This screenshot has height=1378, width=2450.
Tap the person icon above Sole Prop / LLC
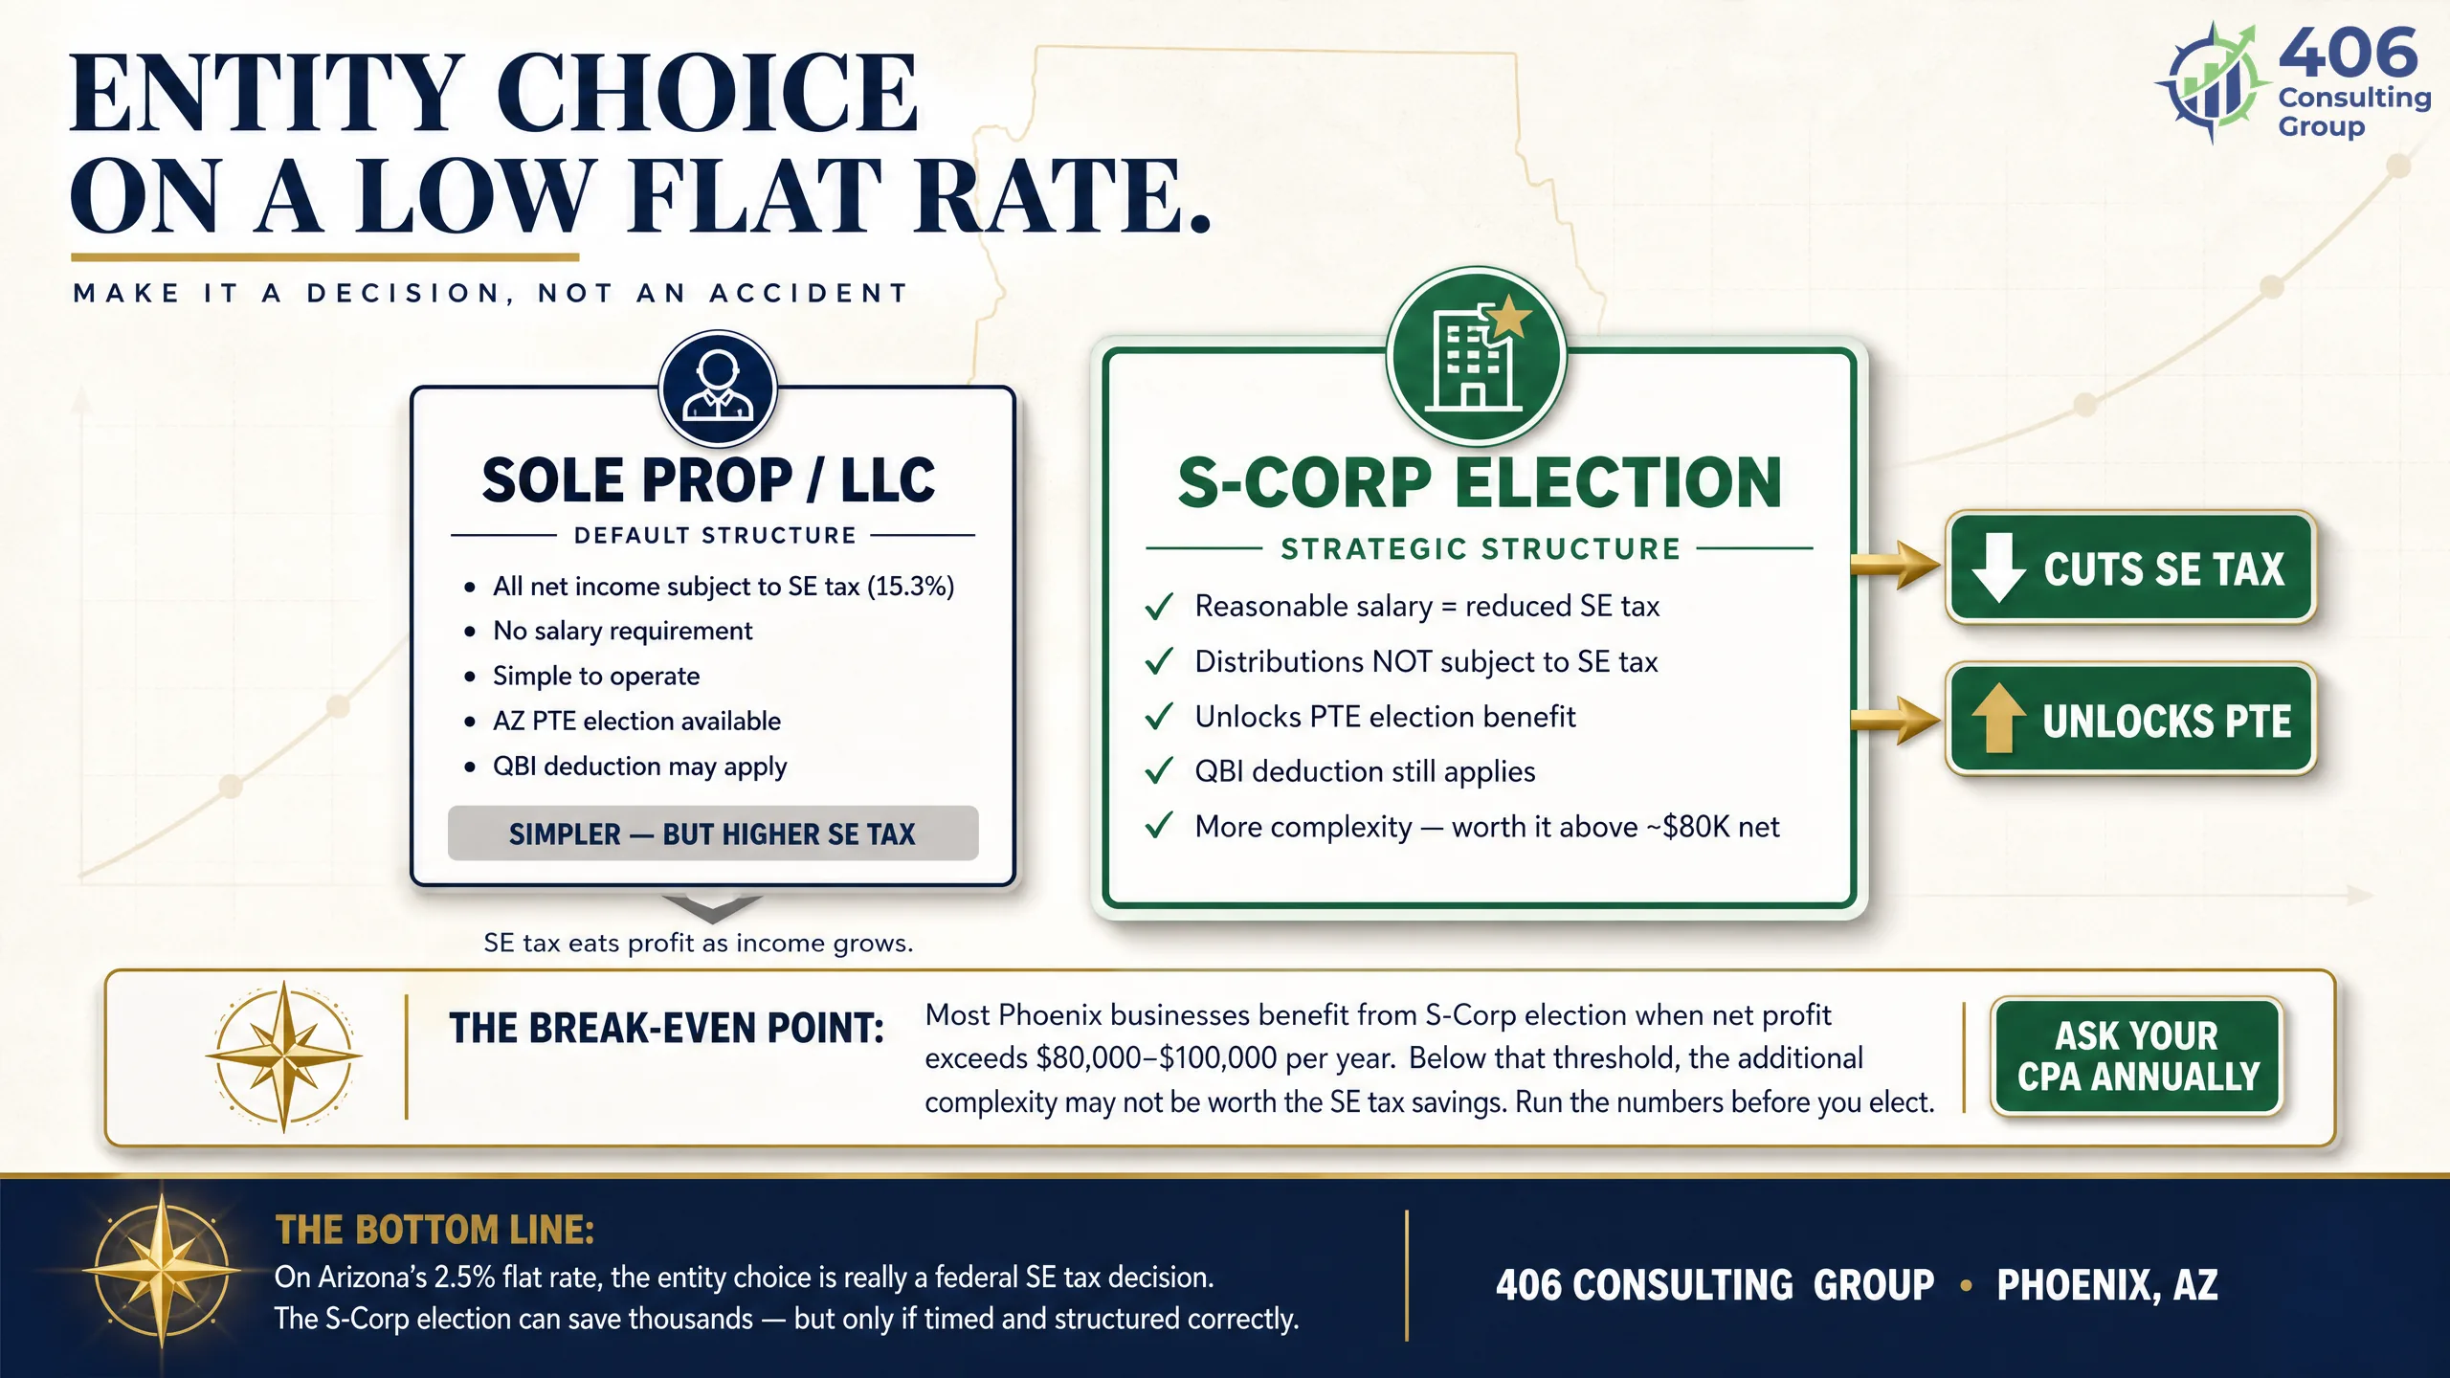tap(718, 389)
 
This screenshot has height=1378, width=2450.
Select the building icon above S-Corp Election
tap(1477, 356)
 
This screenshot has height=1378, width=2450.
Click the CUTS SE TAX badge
tap(2130, 567)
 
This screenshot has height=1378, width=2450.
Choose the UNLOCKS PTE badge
tap(2130, 719)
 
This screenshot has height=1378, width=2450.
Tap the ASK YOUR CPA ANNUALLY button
tap(2137, 1056)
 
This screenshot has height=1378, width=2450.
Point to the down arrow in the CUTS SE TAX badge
tap(1998, 567)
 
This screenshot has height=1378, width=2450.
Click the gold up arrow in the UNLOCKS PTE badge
tap(1998, 719)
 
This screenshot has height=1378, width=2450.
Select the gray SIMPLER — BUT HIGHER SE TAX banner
tap(713, 833)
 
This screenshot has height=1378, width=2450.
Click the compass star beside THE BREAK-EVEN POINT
tap(284, 1056)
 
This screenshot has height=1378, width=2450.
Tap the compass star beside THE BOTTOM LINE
tap(163, 1271)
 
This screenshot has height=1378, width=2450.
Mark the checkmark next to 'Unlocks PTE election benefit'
tap(1159, 717)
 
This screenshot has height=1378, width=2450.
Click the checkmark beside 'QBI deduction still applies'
tap(1159, 771)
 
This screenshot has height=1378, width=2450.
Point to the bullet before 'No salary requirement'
tap(470, 632)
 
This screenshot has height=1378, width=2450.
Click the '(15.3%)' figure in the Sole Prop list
tap(910, 587)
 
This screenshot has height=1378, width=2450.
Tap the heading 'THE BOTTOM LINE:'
tap(434, 1230)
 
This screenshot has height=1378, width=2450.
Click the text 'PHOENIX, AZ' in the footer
tap(2107, 1285)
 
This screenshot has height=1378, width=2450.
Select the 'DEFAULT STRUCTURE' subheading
tap(715, 536)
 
